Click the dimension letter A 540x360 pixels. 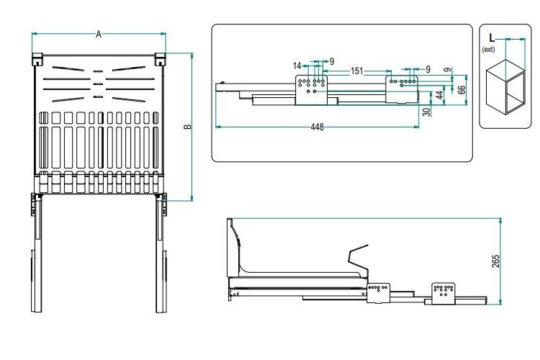99,34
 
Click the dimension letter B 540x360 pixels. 188,127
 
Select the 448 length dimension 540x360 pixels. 318,127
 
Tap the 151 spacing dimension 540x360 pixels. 357,71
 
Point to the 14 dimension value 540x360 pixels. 297,66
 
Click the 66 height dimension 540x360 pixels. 462,89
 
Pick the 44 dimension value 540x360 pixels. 440,95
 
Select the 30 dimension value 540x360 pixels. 426,112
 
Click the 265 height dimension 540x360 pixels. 495,261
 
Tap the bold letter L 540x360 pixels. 492,37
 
